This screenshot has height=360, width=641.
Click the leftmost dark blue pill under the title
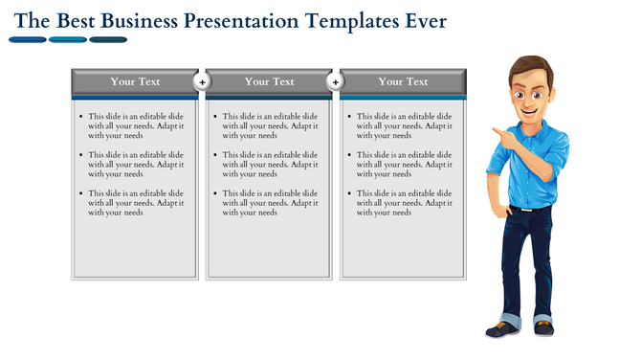click(27, 40)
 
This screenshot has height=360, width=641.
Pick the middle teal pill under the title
click(67, 40)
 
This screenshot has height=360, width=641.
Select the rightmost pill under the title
click(108, 40)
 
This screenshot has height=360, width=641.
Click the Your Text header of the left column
click(135, 82)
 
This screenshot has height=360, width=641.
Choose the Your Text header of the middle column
click(269, 82)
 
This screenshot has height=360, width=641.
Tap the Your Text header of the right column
click(403, 82)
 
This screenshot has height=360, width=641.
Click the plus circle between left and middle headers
click(202, 82)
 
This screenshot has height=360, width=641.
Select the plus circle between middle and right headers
click(336, 82)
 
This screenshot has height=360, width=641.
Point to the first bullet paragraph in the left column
click(136, 125)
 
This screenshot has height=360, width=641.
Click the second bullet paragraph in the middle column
click(270, 164)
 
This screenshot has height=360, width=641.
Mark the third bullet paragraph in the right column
click(404, 202)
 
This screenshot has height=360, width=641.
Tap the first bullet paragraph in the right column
click(404, 125)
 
